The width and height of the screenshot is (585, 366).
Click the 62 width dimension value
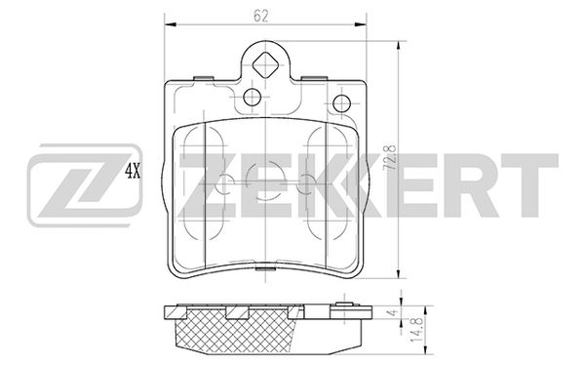(x=260, y=16)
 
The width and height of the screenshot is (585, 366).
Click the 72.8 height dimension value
(x=391, y=158)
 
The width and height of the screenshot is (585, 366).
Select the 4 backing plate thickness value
(x=391, y=313)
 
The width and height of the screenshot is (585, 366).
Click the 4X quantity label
(x=133, y=172)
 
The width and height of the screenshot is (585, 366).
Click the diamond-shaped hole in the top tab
(x=265, y=65)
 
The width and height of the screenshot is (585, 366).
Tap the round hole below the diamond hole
(x=252, y=97)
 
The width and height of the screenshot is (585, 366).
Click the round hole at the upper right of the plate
(x=341, y=103)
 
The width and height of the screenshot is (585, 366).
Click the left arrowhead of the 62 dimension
(x=170, y=24)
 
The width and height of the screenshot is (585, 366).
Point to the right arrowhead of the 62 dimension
(x=361, y=24)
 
